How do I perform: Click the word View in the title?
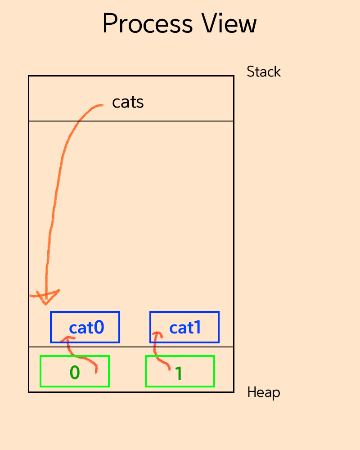coord(230,24)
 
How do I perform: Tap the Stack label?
coord(264,72)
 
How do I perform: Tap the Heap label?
coord(264,392)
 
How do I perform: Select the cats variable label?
coord(128,102)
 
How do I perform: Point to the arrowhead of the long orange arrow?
coord(46,297)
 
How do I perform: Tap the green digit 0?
coord(75,373)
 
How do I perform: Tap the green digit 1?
coord(179,373)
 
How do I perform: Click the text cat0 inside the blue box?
coord(87,328)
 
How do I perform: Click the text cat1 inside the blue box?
coord(185,328)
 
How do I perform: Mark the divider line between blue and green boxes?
coord(130,347)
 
